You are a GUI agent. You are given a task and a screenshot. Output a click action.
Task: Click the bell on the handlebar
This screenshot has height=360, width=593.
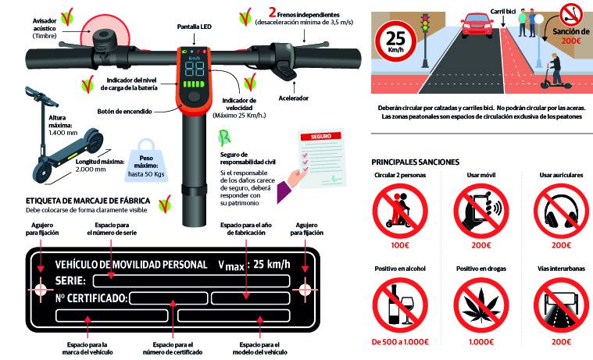click(x=104, y=41)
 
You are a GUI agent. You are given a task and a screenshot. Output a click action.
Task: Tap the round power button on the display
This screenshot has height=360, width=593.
click(x=194, y=96)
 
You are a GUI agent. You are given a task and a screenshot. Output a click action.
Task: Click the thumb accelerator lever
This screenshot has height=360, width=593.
click(x=286, y=70)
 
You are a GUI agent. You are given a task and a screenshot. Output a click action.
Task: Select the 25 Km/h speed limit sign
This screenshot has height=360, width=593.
click(x=395, y=41)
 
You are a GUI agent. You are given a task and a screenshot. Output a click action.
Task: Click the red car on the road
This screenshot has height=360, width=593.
click(x=477, y=26)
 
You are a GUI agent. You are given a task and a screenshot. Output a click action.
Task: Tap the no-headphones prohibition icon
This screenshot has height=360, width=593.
click(x=561, y=211)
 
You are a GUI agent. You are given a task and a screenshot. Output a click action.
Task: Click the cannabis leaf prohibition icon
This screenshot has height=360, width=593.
click(x=481, y=305)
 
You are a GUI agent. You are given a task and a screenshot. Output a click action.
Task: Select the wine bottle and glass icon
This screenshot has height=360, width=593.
click(x=400, y=305)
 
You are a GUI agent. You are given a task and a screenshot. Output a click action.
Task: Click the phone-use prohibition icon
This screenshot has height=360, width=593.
click(x=481, y=211)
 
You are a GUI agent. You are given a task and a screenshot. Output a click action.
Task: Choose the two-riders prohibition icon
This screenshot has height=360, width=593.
click(x=400, y=211)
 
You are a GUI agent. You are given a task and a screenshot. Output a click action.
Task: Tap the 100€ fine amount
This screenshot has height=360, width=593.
click(x=400, y=245)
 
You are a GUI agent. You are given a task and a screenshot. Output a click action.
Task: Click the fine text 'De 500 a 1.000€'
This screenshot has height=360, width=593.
click(x=400, y=342)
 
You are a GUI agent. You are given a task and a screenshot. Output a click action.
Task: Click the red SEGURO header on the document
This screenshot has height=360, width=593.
click(x=321, y=136)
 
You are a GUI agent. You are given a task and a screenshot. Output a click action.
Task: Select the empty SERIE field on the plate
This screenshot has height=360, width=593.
click(x=191, y=281)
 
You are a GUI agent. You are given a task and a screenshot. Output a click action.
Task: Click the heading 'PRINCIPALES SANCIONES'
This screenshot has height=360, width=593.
click(x=415, y=162)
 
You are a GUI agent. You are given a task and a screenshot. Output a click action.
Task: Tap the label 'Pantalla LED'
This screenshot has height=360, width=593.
click(x=195, y=27)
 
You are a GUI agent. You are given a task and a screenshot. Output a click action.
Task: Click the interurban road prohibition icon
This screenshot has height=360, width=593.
click(x=561, y=305)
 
